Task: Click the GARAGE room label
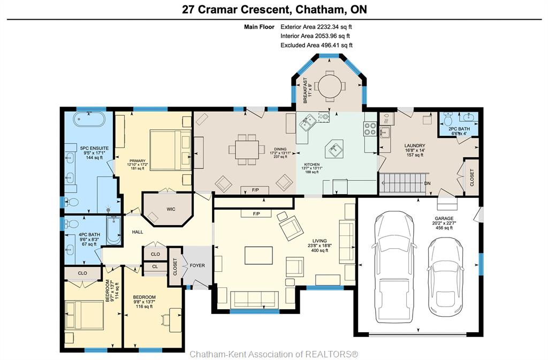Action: coord(444,218)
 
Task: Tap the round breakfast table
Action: coord(329,86)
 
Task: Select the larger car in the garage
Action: coord(393,266)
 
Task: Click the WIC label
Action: coord(171,209)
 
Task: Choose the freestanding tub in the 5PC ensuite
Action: coord(89,119)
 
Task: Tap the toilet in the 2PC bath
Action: coord(448,119)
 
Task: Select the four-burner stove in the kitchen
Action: coord(370,128)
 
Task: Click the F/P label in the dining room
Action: coord(255,190)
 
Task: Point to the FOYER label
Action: coord(197,265)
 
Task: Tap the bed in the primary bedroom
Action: coord(171,150)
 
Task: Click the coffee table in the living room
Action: coord(258,255)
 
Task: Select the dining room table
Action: coord(247,149)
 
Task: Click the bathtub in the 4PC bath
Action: coord(113,231)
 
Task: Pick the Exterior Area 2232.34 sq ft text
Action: coord(316,27)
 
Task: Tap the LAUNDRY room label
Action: coord(415,145)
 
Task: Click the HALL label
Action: coord(138,232)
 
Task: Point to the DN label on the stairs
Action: coord(427,183)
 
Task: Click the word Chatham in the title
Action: coord(318,10)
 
